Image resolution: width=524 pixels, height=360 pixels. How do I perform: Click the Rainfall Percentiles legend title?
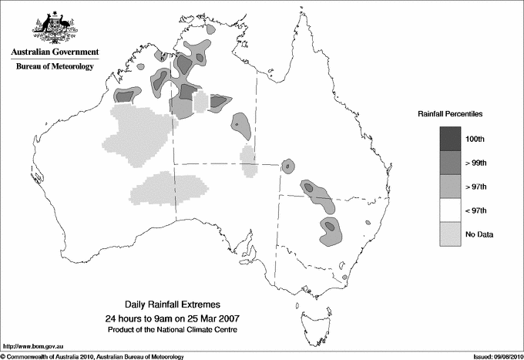[x=450, y=113]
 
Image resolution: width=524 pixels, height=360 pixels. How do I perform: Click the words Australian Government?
[x=55, y=52]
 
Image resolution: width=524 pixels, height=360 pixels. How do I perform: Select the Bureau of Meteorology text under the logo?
[x=55, y=67]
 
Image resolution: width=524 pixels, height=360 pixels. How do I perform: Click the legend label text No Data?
[x=479, y=234]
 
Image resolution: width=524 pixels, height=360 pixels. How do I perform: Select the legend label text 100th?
[x=475, y=139]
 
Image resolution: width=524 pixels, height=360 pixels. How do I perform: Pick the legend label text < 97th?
[x=477, y=210]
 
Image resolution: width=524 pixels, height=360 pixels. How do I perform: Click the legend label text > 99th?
[x=477, y=163]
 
